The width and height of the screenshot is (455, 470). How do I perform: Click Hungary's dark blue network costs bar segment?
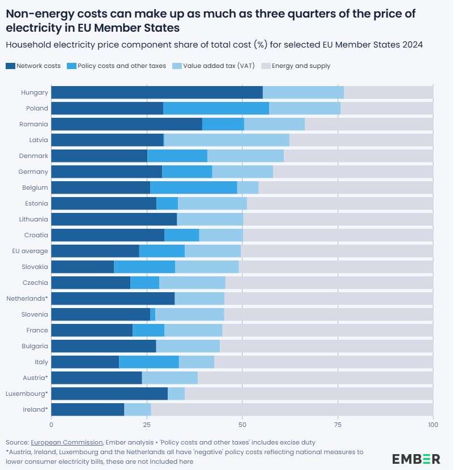coord(157,92)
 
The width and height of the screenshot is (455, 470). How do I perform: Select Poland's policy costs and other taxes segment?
coord(216,108)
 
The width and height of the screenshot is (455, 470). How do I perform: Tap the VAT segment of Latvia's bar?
coord(227,140)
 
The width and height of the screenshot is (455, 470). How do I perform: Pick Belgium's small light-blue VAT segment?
coord(248,187)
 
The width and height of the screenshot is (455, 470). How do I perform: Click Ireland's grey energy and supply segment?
coord(292,409)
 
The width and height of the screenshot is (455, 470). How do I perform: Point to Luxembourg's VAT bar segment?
coord(176,394)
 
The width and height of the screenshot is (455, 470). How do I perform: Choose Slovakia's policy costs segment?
coord(144,267)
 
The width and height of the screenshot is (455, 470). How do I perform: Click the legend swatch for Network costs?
coord(10,66)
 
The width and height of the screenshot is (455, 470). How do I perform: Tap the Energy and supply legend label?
coord(301,66)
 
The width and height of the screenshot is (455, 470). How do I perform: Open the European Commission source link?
coord(67,442)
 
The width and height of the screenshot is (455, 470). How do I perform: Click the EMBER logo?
coord(416,459)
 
